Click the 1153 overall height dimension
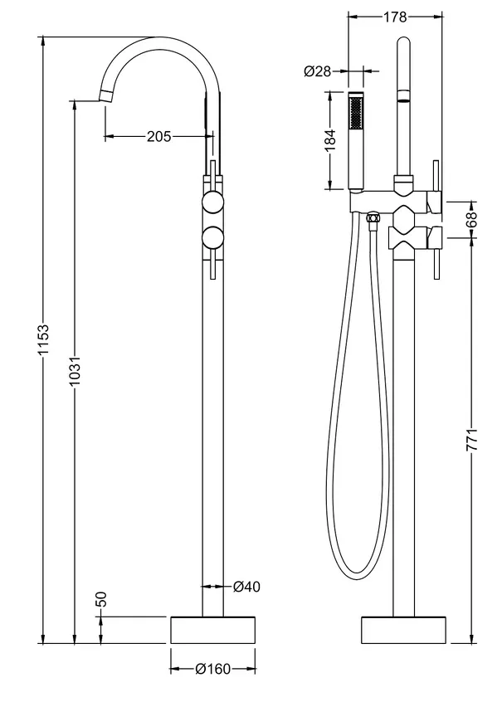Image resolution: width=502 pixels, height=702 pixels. [43, 339]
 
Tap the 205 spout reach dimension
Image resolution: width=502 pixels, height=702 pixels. [159, 136]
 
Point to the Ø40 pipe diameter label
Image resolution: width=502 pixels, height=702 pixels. [246, 586]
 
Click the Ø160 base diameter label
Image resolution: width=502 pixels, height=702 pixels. [213, 670]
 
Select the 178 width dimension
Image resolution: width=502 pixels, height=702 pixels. [395, 17]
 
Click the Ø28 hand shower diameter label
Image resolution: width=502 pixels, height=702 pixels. [318, 71]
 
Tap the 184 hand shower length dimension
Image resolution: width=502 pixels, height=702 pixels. [329, 140]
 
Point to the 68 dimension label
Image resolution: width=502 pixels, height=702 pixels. [472, 219]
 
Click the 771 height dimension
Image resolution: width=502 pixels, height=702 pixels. [472, 440]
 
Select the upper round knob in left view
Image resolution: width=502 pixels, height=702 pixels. [212, 202]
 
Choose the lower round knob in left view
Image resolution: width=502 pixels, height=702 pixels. [212, 237]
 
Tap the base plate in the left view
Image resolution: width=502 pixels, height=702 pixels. [212, 631]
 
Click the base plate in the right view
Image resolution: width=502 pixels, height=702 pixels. [403, 631]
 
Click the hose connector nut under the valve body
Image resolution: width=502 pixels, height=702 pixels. [372, 218]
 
